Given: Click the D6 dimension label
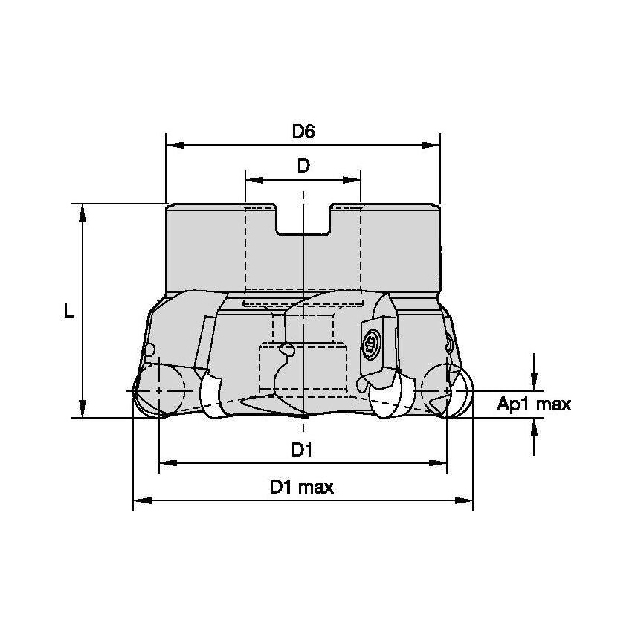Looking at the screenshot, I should (x=303, y=132).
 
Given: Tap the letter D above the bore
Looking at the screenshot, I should (x=303, y=166).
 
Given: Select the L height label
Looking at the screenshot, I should (x=68, y=312).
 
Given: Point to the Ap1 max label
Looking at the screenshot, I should (x=534, y=404).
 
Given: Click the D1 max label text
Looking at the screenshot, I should (x=302, y=488).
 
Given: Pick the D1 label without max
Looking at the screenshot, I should (x=302, y=450).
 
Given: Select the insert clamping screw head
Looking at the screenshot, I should (x=370, y=343).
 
